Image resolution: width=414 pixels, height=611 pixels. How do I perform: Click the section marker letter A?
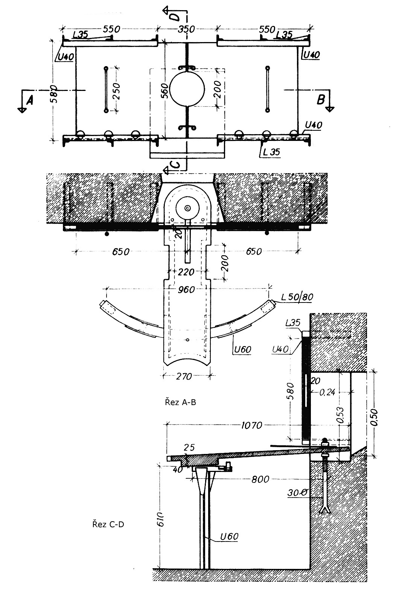click(29, 100)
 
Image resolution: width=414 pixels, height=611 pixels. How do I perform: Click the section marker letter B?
click(321, 100)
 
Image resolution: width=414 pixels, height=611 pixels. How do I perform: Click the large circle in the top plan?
click(187, 89)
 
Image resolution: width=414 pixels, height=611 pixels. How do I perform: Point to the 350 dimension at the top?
click(186, 29)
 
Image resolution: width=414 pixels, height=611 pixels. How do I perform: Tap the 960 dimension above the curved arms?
click(186, 290)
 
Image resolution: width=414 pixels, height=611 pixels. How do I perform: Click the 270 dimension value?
click(184, 377)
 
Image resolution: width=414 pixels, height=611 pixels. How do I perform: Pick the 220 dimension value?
click(186, 272)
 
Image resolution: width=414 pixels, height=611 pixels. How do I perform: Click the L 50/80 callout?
click(297, 297)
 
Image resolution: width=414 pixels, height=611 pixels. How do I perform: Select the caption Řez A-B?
click(181, 402)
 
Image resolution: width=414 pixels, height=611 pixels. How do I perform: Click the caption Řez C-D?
click(108, 524)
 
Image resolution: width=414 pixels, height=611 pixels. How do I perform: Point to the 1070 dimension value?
click(252, 425)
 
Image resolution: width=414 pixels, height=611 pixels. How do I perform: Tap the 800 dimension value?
click(260, 479)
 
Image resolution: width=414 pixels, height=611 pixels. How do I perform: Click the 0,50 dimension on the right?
click(374, 417)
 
